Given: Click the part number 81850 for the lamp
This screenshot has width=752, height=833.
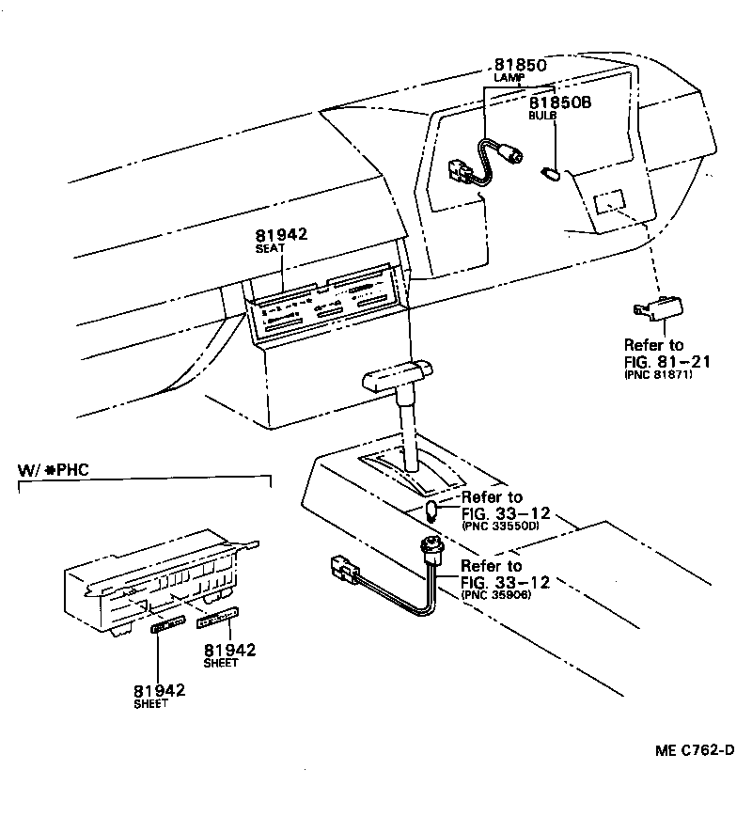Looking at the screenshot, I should pos(520,65).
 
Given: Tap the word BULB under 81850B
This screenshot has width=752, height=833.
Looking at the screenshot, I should pos(542,115).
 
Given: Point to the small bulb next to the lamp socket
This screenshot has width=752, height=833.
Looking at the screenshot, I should pos(552,173).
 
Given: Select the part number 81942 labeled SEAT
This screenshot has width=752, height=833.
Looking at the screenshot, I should pos(281,235).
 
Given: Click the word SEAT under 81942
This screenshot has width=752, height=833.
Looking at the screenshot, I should pos(270,248).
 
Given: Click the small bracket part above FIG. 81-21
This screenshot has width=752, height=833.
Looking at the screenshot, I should pos(657,307).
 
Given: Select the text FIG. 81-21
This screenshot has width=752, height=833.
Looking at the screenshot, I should pos(666,360).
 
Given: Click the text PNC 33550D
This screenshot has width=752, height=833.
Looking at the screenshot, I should pos(500,527).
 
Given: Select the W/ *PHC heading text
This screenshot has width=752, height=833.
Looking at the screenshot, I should pos(55,469).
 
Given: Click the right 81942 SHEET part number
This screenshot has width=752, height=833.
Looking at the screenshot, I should pos(230,649).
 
